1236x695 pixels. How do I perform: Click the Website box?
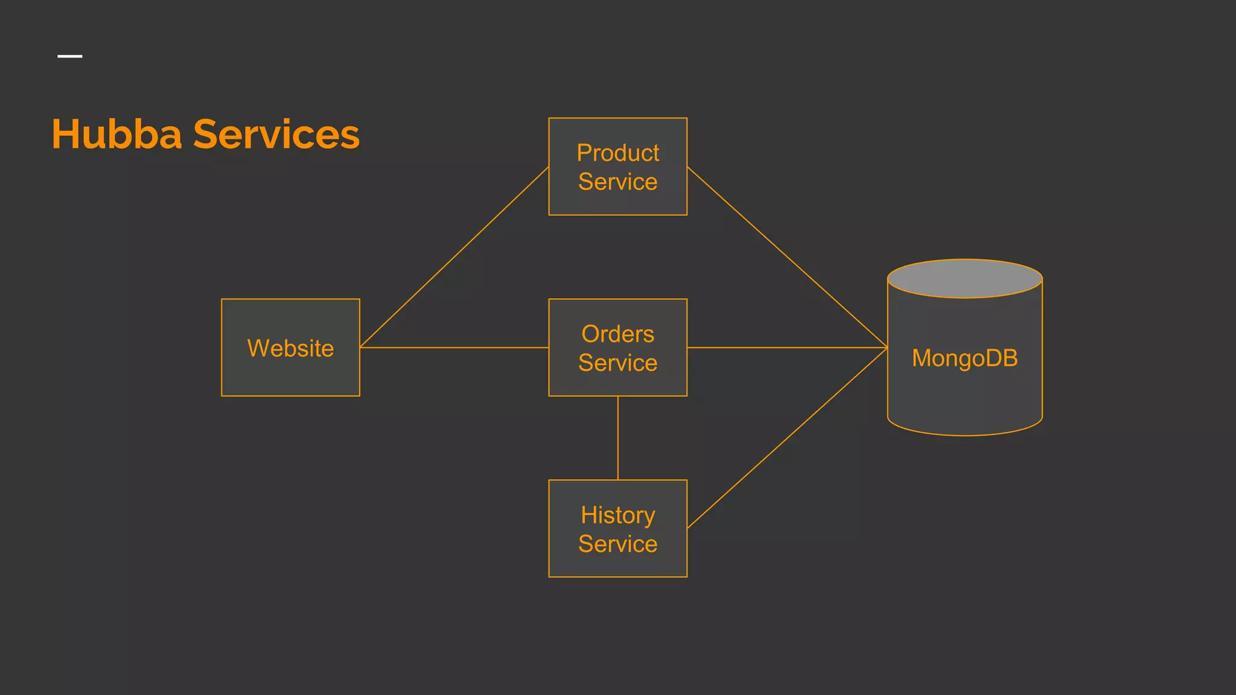tap(290, 348)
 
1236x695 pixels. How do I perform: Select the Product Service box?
tap(617, 167)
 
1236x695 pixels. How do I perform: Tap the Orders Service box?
tap(617, 348)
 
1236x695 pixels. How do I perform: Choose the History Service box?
tap(617, 529)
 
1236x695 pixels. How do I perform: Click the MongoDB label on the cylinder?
tap(964, 358)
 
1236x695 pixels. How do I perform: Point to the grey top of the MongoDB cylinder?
tap(964, 279)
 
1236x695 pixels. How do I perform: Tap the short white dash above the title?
tap(70, 56)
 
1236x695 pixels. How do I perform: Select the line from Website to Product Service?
tap(454, 258)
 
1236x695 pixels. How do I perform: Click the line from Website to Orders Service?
tap(454, 347)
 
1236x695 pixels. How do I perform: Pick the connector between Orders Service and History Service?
tap(617, 438)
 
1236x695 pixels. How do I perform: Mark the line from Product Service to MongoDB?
tap(787, 258)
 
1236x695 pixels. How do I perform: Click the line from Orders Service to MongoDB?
tap(787, 347)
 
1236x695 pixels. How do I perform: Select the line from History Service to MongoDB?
tap(787, 438)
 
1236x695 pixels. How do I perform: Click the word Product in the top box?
tap(617, 153)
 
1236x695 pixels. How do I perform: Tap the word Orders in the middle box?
tap(617, 334)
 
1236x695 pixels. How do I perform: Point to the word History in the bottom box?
tap(617, 515)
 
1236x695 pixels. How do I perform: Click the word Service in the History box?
tap(617, 544)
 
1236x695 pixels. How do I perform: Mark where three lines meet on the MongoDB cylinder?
tap(887, 347)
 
